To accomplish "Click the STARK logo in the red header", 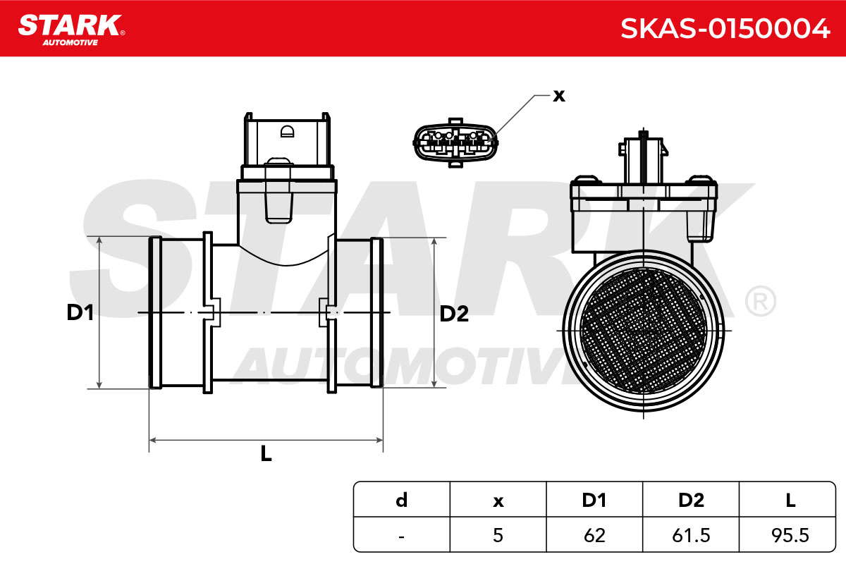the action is coord(71,30).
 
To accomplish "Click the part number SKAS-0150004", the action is coord(725,29).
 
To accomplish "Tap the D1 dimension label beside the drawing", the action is coord(80,312).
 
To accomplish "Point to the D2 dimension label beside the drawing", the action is coord(454,314).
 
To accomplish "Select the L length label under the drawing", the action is coord(266,453).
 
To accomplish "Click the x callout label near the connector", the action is coord(559,96).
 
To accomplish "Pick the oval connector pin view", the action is coord(455,142).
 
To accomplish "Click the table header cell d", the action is coord(402,500).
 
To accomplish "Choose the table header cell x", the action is coord(498,501).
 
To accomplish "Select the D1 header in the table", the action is coord(594,500).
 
